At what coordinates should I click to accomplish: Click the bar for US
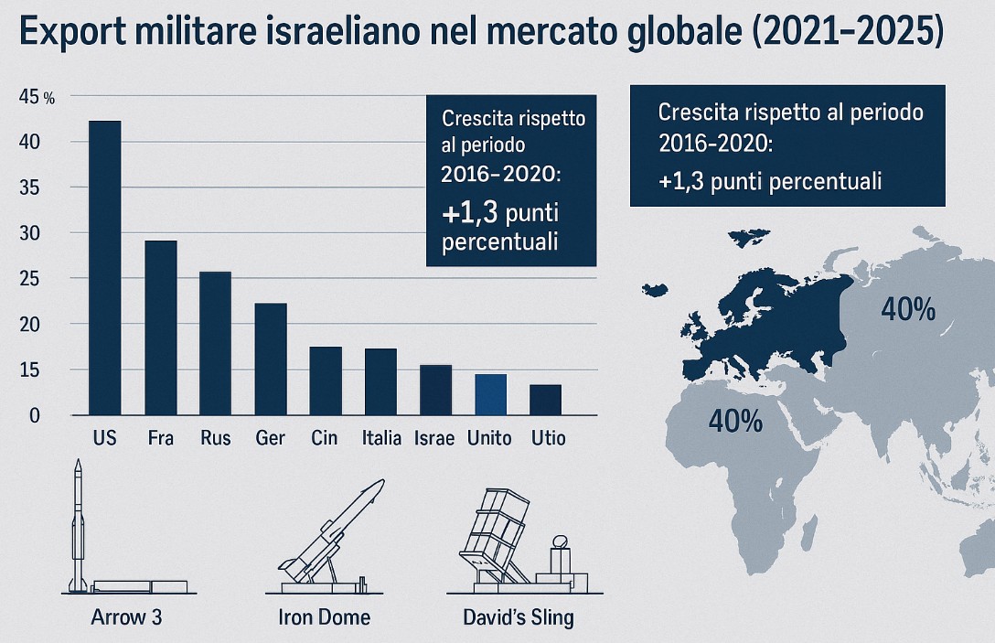pyautogui.click(x=104, y=267)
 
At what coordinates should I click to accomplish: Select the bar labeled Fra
pyautogui.click(x=160, y=327)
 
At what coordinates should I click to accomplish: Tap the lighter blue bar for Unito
pyautogui.click(x=490, y=394)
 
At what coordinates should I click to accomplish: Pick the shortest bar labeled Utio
pyautogui.click(x=545, y=400)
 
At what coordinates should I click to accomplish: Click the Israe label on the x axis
pyautogui.click(x=433, y=438)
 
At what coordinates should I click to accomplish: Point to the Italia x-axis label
pyautogui.click(x=381, y=438)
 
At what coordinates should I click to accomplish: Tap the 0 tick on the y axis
pyautogui.click(x=35, y=415)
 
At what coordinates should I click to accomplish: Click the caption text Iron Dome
pyautogui.click(x=324, y=617)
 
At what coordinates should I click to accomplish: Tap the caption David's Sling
pyautogui.click(x=518, y=617)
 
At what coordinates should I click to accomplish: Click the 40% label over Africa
pyautogui.click(x=735, y=421)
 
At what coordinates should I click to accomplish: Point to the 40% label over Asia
pyautogui.click(x=907, y=310)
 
